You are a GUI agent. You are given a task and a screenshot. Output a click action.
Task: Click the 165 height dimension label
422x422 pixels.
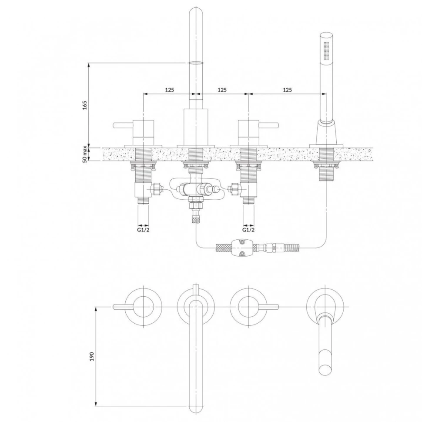click(x=85, y=105)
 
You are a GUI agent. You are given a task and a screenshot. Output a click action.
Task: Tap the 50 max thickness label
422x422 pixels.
click(x=85, y=154)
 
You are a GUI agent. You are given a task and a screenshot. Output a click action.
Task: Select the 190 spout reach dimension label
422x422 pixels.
click(x=92, y=356)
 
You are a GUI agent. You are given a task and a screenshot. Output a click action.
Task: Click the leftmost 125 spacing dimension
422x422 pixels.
click(x=170, y=90)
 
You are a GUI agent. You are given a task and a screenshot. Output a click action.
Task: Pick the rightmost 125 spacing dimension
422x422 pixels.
click(x=288, y=90)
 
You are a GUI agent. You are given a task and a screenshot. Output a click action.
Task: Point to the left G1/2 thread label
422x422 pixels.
click(x=143, y=230)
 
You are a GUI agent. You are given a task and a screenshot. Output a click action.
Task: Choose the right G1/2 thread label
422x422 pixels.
click(x=248, y=230)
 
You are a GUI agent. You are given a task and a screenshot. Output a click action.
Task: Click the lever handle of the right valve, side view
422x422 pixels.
click(x=268, y=125)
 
